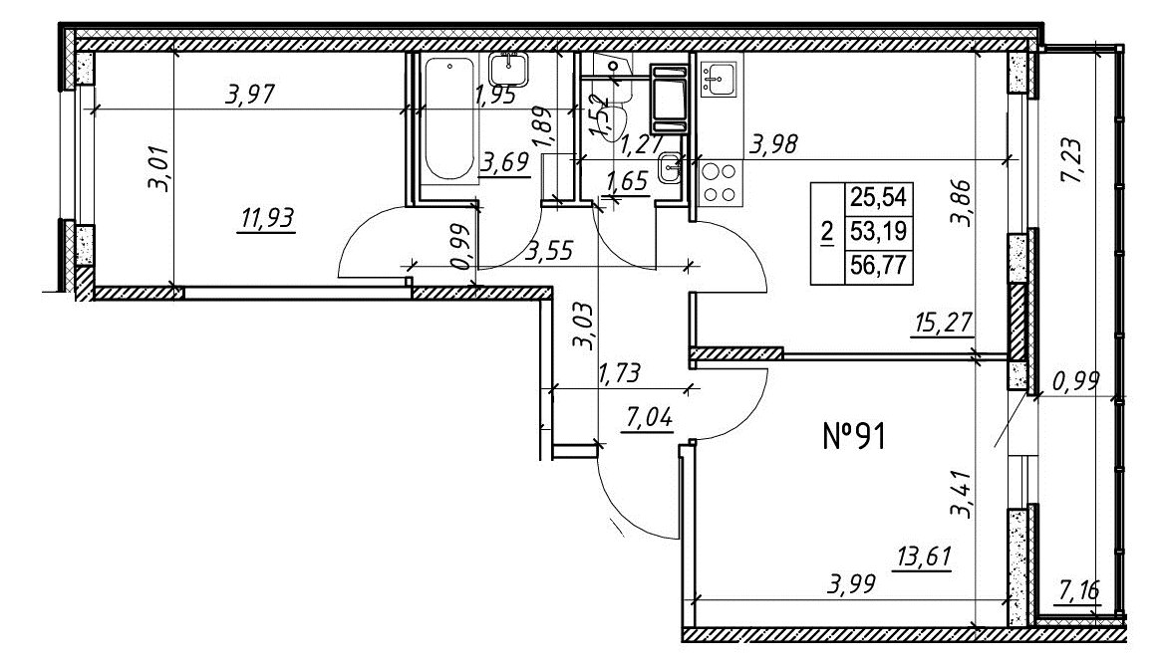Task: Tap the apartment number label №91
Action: click(x=854, y=436)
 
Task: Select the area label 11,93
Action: click(x=266, y=219)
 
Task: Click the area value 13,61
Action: click(x=924, y=556)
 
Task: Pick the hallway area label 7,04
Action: click(x=649, y=418)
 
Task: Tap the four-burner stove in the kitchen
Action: click(x=721, y=183)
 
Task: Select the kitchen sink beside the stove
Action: click(x=718, y=80)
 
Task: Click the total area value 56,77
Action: click(x=880, y=265)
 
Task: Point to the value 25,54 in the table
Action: click(x=880, y=198)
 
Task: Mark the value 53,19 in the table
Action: click(x=880, y=231)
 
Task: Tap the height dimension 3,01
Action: click(x=160, y=169)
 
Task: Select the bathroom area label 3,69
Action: click(x=505, y=161)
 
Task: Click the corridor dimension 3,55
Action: click(x=549, y=252)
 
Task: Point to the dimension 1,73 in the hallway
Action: click(x=618, y=372)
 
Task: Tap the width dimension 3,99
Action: click(x=851, y=584)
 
